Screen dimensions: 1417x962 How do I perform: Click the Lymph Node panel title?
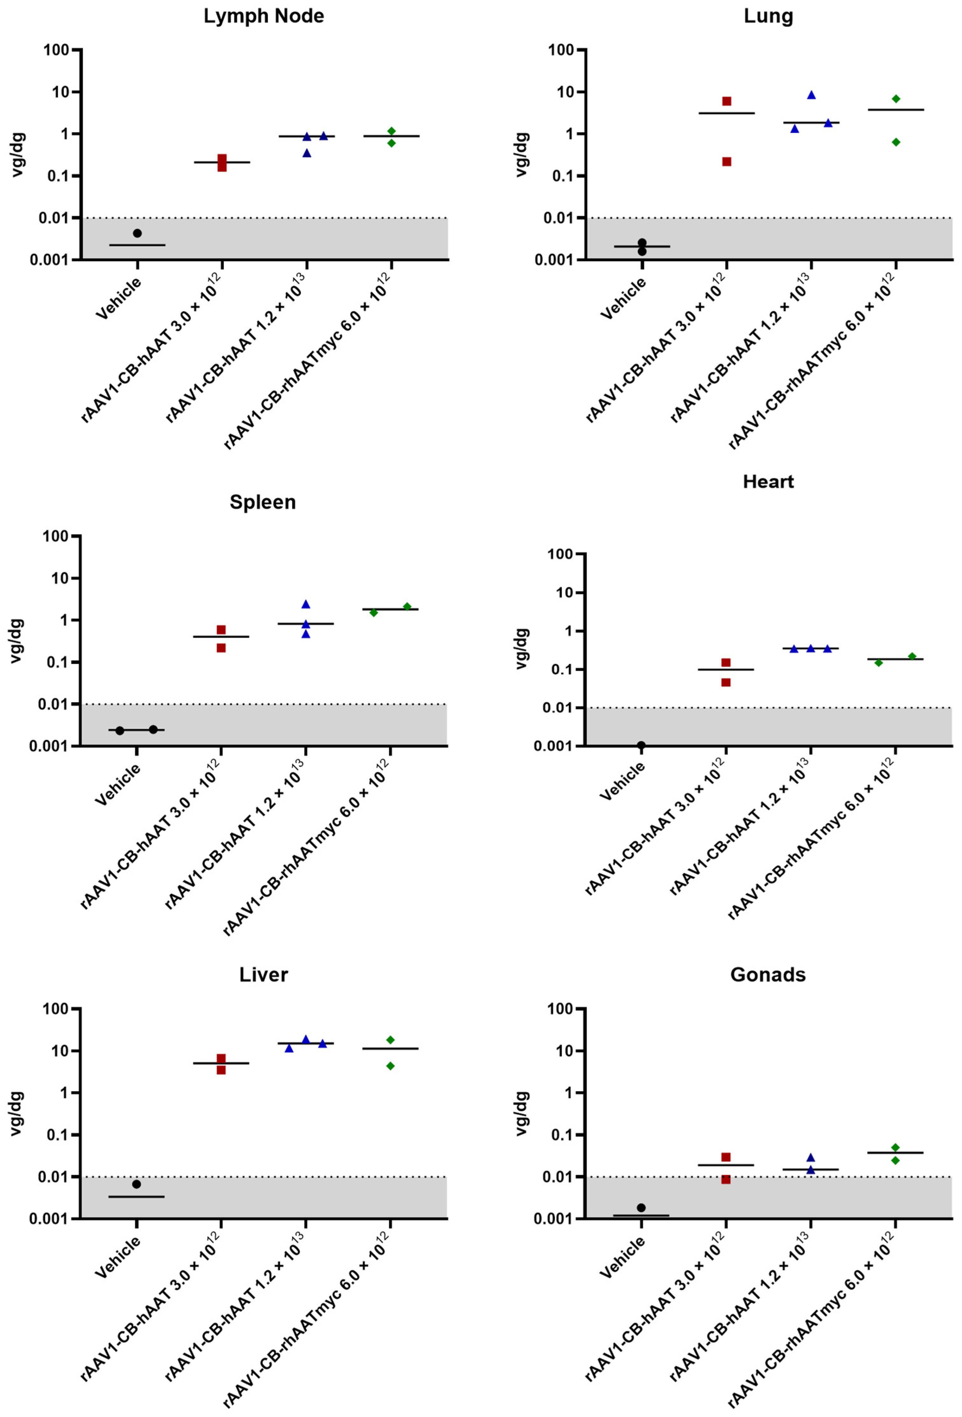263,16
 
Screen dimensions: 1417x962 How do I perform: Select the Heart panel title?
767,482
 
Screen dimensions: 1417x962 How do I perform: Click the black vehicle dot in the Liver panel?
136,1184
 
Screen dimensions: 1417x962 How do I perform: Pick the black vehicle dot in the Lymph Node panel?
138,233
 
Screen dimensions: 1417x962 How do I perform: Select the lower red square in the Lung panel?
726,161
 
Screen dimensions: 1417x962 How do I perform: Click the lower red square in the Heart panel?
726,682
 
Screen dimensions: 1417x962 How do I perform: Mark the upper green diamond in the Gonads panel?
895,1147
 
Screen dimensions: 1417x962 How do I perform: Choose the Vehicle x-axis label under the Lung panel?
623,299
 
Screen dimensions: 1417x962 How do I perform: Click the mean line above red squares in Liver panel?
221,1063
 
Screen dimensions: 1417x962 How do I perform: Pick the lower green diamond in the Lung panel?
896,142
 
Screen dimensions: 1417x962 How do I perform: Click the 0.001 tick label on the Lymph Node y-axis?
51,260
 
